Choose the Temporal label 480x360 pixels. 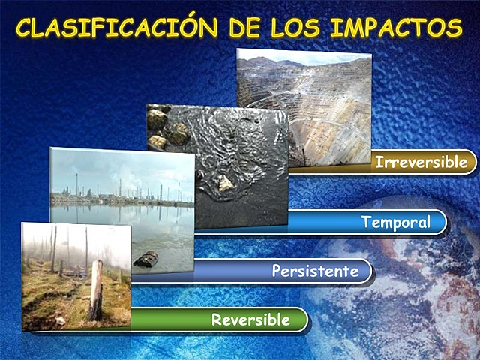[x=395, y=223]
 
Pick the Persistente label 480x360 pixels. [x=315, y=271]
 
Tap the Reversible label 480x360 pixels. [x=250, y=319]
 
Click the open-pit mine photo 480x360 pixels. [x=315, y=105]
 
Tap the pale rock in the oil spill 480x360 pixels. [x=225, y=183]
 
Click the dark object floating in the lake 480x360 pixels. [x=145, y=259]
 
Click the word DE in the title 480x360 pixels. [x=246, y=28]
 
